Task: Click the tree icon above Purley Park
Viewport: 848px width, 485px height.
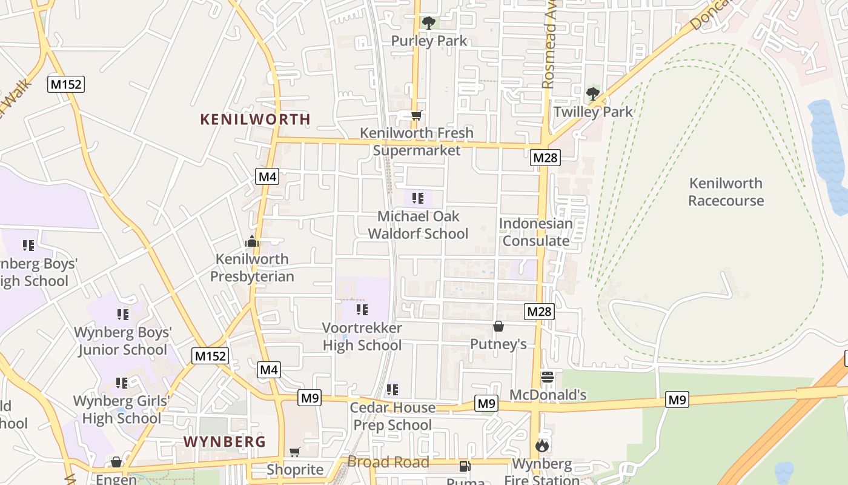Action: click(x=429, y=23)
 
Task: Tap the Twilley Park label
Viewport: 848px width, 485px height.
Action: click(x=593, y=112)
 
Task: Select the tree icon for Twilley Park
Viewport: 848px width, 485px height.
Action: click(x=593, y=93)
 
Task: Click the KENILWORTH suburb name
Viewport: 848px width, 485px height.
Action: click(x=255, y=119)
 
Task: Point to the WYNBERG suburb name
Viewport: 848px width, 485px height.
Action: click(x=225, y=441)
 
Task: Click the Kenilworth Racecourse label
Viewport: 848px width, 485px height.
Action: click(x=726, y=192)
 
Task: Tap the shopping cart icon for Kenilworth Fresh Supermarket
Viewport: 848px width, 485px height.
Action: click(x=416, y=115)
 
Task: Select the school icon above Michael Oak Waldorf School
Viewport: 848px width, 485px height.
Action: click(x=417, y=198)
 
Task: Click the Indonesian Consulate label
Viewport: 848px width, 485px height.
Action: click(x=536, y=232)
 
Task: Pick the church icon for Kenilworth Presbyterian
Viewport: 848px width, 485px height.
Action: click(x=252, y=242)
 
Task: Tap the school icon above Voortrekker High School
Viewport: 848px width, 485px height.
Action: click(x=362, y=310)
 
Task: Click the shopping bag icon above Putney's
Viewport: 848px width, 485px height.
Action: click(x=499, y=327)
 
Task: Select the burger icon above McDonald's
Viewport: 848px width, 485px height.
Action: click(x=548, y=377)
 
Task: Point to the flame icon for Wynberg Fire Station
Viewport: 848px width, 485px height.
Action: click(x=542, y=446)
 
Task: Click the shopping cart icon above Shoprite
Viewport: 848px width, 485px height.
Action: click(x=295, y=452)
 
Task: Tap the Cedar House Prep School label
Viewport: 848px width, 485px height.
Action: click(x=393, y=416)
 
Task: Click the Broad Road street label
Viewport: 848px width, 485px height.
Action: click(x=388, y=462)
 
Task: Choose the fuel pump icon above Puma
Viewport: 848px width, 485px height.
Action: click(x=465, y=466)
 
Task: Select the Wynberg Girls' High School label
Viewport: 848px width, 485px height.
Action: click(x=122, y=409)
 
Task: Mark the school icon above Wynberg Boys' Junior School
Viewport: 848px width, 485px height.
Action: click(x=123, y=315)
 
